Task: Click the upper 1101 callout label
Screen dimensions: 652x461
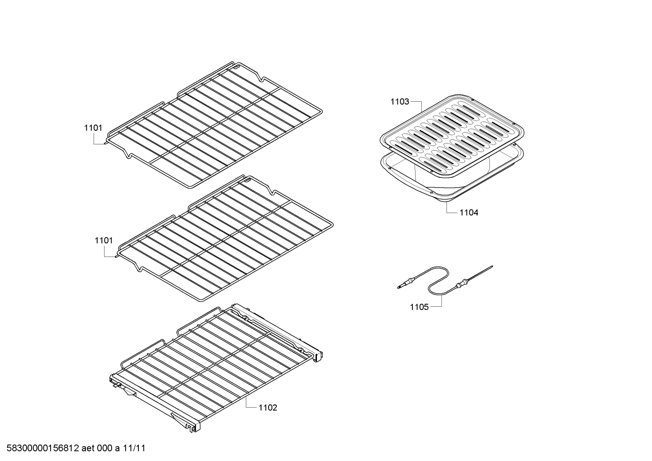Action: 93,128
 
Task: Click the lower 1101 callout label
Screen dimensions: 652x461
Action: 104,241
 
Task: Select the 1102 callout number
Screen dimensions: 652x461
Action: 268,408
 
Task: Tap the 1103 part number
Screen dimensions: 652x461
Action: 400,102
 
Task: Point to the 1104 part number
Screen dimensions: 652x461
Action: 469,212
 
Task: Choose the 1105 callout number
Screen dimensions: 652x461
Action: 419,307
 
